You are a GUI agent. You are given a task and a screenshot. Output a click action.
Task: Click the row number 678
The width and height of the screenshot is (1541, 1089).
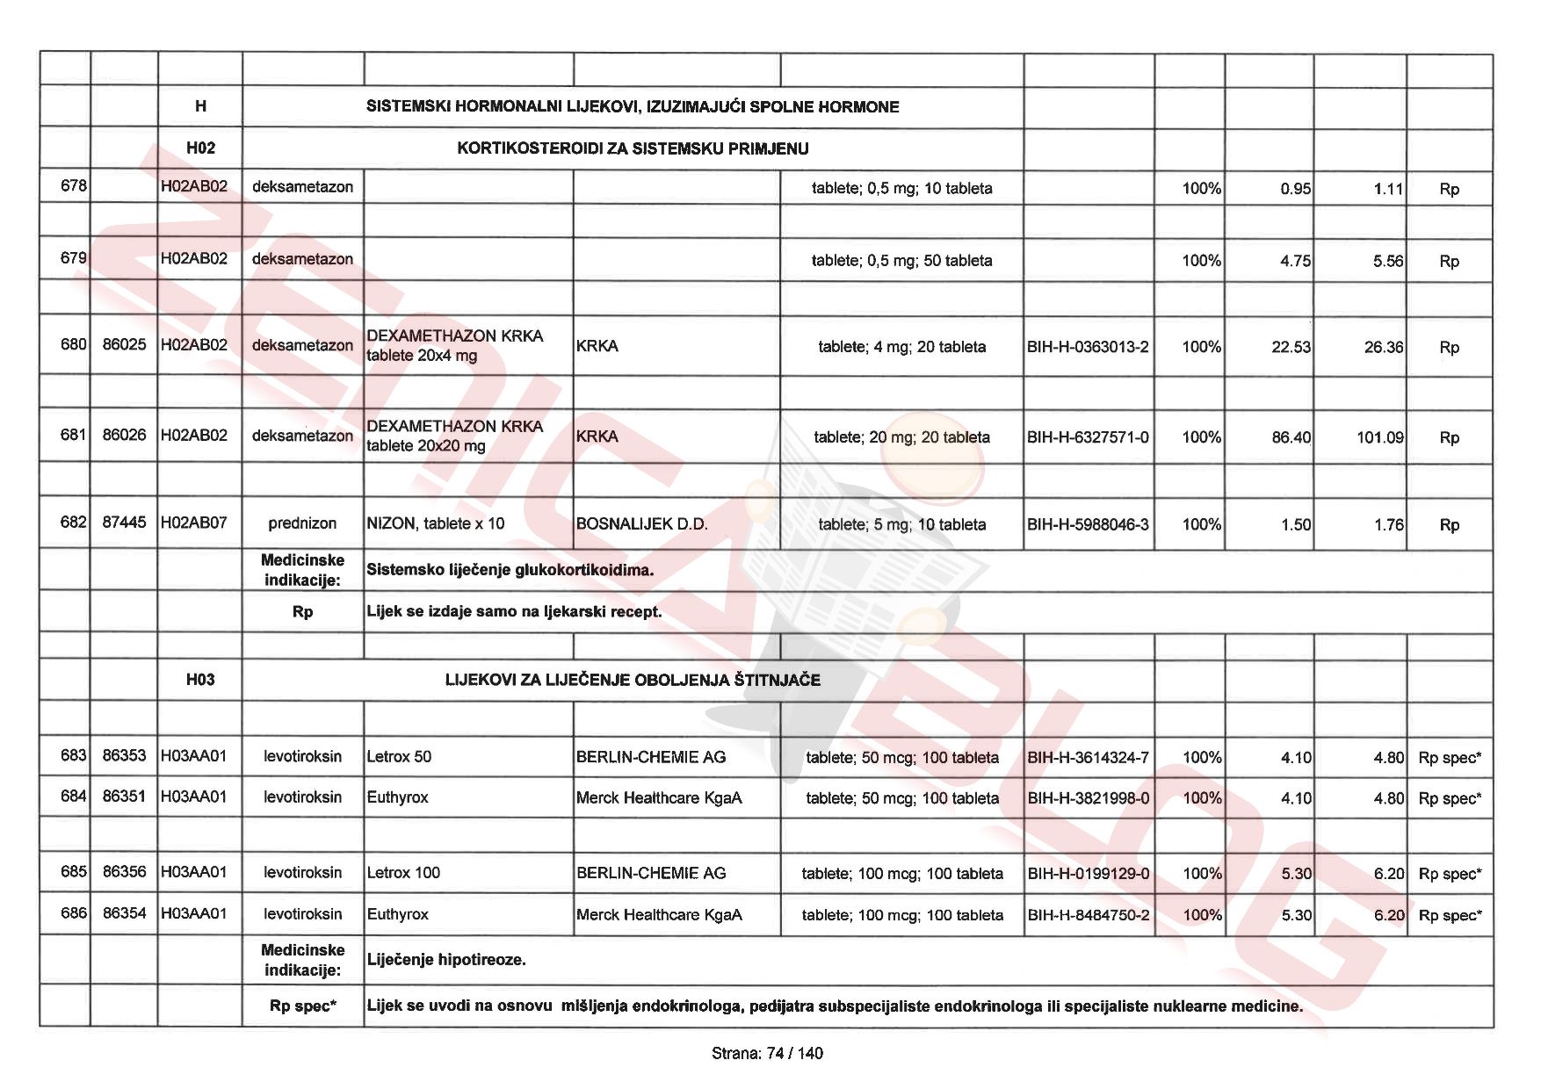73,186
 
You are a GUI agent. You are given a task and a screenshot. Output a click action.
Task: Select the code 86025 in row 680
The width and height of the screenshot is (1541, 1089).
124,344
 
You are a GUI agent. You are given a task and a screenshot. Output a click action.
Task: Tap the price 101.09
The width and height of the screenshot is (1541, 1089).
1379,437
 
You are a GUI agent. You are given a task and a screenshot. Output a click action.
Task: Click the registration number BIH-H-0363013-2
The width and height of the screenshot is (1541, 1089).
1088,347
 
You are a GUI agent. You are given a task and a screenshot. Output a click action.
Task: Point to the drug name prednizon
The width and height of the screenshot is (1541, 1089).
302,523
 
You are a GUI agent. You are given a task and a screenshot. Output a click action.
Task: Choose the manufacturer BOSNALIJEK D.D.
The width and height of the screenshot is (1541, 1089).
641,524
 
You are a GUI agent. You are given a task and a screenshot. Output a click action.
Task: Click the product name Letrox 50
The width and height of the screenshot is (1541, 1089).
399,757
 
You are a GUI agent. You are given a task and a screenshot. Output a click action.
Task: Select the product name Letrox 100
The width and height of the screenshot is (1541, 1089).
403,873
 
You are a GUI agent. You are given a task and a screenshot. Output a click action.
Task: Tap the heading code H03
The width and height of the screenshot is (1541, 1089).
200,679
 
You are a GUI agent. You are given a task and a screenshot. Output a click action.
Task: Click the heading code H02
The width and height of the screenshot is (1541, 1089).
200,148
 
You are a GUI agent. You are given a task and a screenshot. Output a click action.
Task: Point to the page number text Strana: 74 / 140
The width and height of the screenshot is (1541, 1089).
767,1053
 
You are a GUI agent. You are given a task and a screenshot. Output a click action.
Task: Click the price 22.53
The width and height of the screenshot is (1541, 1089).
1291,347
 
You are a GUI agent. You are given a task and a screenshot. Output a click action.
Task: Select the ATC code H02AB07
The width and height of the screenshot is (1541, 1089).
193,523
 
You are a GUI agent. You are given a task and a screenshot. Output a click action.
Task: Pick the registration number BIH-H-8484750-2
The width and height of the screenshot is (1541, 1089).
1088,915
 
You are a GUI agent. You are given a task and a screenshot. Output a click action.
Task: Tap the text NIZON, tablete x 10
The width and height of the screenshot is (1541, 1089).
436,524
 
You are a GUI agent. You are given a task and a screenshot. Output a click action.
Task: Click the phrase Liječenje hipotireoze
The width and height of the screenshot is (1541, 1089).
446,960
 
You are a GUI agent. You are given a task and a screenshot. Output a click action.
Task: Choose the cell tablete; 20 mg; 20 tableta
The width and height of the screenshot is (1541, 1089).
901,437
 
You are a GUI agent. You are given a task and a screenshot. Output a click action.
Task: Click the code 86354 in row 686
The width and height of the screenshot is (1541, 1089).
124,913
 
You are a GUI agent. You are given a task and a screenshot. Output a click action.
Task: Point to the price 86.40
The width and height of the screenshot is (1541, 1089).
1291,437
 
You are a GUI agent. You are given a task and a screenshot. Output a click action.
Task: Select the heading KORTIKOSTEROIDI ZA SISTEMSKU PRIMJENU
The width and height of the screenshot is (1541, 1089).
633,148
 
